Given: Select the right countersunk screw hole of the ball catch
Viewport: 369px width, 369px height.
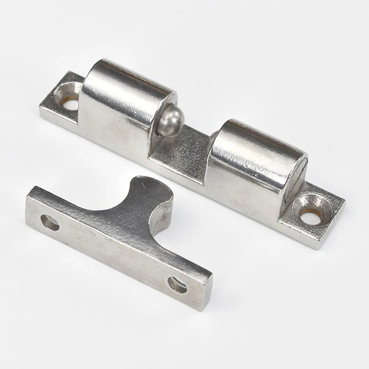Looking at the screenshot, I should click(311, 214).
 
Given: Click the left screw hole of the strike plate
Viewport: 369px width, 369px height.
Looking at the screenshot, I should click(50, 223).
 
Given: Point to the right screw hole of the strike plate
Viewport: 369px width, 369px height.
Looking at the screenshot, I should click(177, 284).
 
